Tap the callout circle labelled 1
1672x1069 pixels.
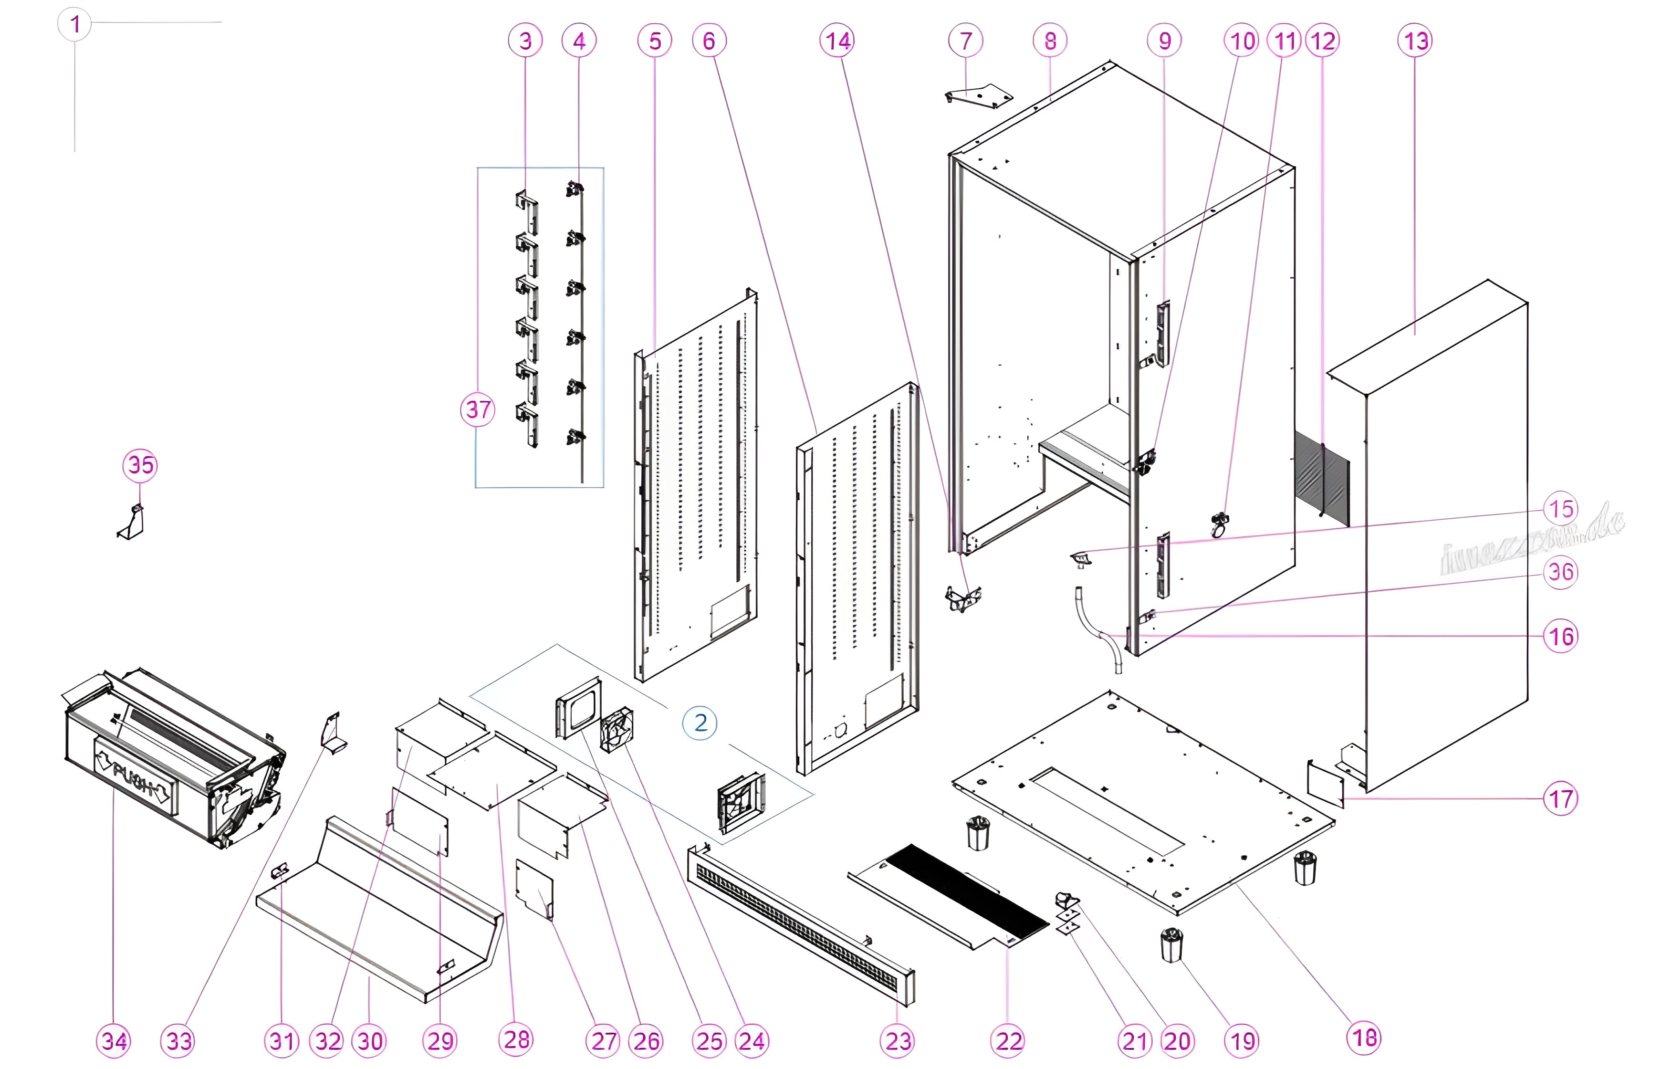[75, 24]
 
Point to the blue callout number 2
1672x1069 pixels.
[700, 723]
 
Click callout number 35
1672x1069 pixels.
[140, 465]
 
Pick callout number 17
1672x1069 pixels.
[1561, 799]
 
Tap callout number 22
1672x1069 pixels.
[1009, 1040]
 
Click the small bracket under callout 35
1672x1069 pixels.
[132, 523]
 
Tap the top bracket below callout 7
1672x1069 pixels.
[978, 95]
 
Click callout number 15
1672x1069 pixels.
[1561, 508]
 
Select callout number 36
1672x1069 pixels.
[1561, 572]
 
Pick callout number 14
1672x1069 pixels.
[837, 41]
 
